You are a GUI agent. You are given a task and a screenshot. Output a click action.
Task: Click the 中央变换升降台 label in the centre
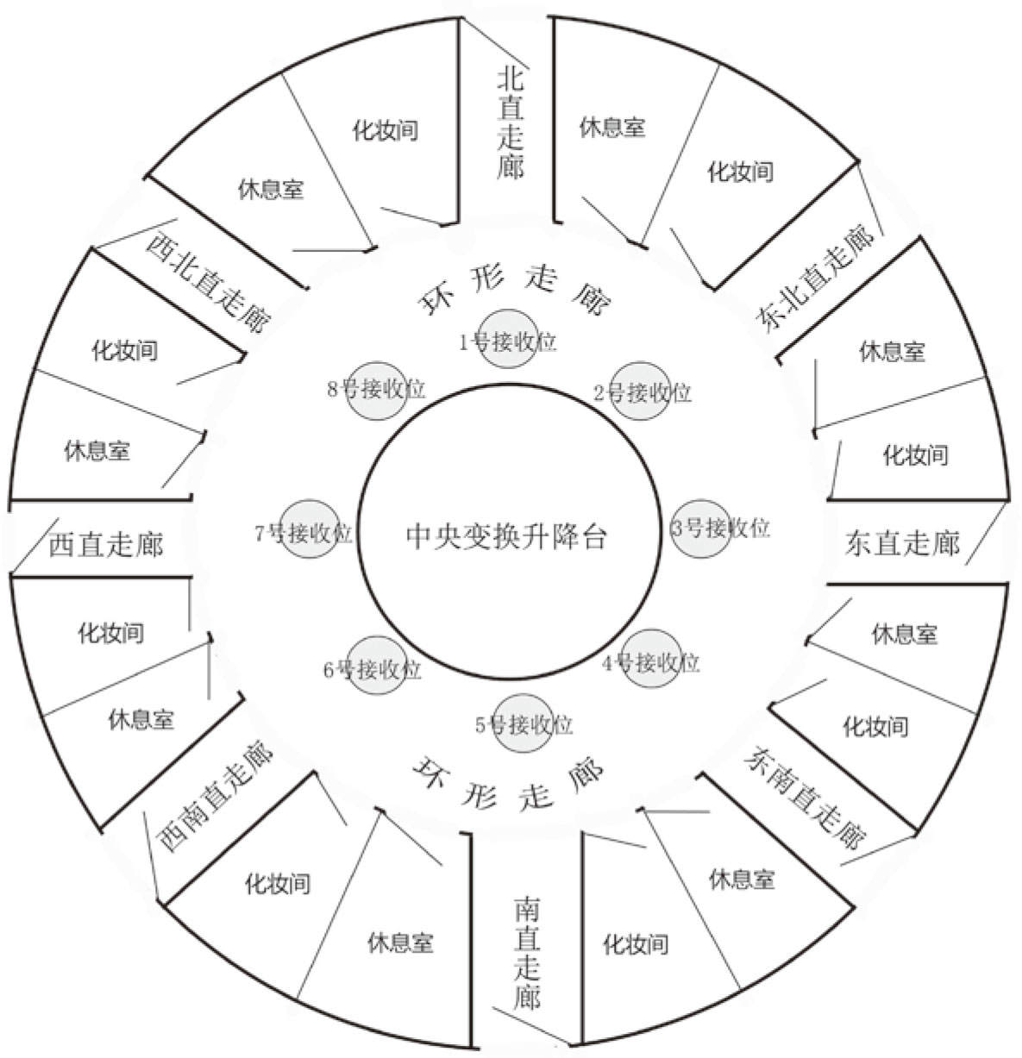(507, 536)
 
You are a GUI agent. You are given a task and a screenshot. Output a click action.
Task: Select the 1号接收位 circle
(508, 337)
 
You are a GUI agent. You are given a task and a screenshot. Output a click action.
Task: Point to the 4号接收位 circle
(651, 660)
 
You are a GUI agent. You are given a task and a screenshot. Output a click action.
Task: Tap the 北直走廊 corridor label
(511, 123)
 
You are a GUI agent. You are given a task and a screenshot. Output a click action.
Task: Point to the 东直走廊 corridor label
(902, 544)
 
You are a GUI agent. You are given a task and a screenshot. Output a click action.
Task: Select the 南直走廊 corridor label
(527, 953)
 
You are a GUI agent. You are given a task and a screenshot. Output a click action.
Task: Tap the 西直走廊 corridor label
(105, 544)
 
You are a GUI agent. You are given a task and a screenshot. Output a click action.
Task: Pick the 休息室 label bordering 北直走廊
(612, 128)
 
